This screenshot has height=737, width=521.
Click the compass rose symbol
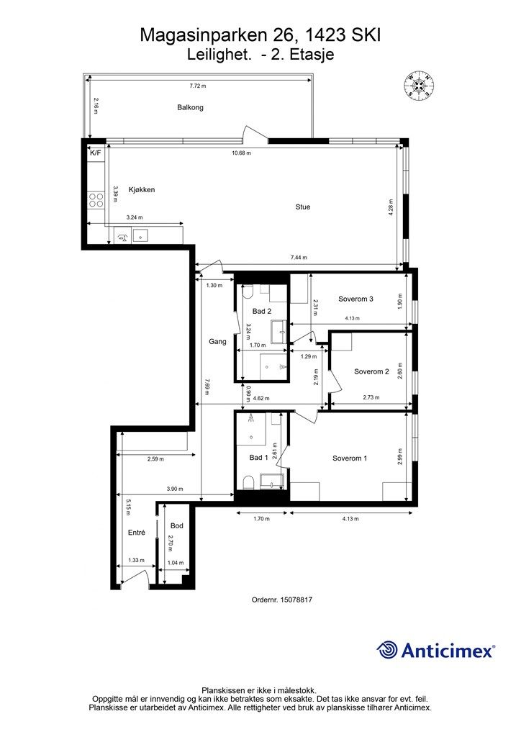419,86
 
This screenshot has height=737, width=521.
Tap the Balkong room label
191,107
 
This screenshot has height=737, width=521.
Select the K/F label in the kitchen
95,153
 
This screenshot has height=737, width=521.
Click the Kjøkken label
142,190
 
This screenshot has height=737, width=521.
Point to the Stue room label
303,207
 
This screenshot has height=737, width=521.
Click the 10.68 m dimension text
239,153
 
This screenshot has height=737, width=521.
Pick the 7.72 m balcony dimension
197,86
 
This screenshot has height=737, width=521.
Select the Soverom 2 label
371,371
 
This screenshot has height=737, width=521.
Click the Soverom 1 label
350,458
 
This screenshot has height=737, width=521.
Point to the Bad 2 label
261,311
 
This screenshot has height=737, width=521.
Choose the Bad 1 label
258,458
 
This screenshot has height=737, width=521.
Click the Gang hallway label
217,341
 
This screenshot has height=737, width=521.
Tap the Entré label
137,533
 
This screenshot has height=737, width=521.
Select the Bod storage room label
176,526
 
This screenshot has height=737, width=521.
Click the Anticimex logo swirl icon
388,650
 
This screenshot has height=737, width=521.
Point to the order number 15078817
302,599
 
